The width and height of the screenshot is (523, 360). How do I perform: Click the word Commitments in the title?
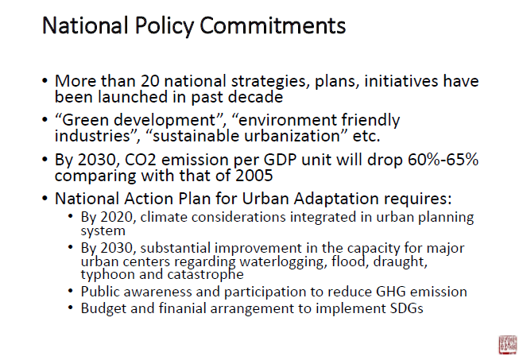[x=273, y=25]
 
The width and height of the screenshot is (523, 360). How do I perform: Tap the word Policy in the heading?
[x=165, y=26]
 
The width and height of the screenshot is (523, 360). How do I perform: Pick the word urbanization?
[x=246, y=136]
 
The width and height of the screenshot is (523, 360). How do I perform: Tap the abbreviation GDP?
[x=280, y=160]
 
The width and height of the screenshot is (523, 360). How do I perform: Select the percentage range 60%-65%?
[x=443, y=160]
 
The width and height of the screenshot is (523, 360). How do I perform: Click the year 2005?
[x=254, y=176]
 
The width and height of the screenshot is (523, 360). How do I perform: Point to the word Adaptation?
[x=336, y=199]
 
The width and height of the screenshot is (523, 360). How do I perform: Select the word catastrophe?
[x=205, y=275]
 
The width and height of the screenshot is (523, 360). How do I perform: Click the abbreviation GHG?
[x=390, y=292]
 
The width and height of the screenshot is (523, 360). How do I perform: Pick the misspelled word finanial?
[x=183, y=308]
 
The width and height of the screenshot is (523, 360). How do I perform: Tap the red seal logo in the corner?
[x=507, y=344]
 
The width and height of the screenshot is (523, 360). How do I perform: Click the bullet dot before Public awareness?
[x=70, y=291]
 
